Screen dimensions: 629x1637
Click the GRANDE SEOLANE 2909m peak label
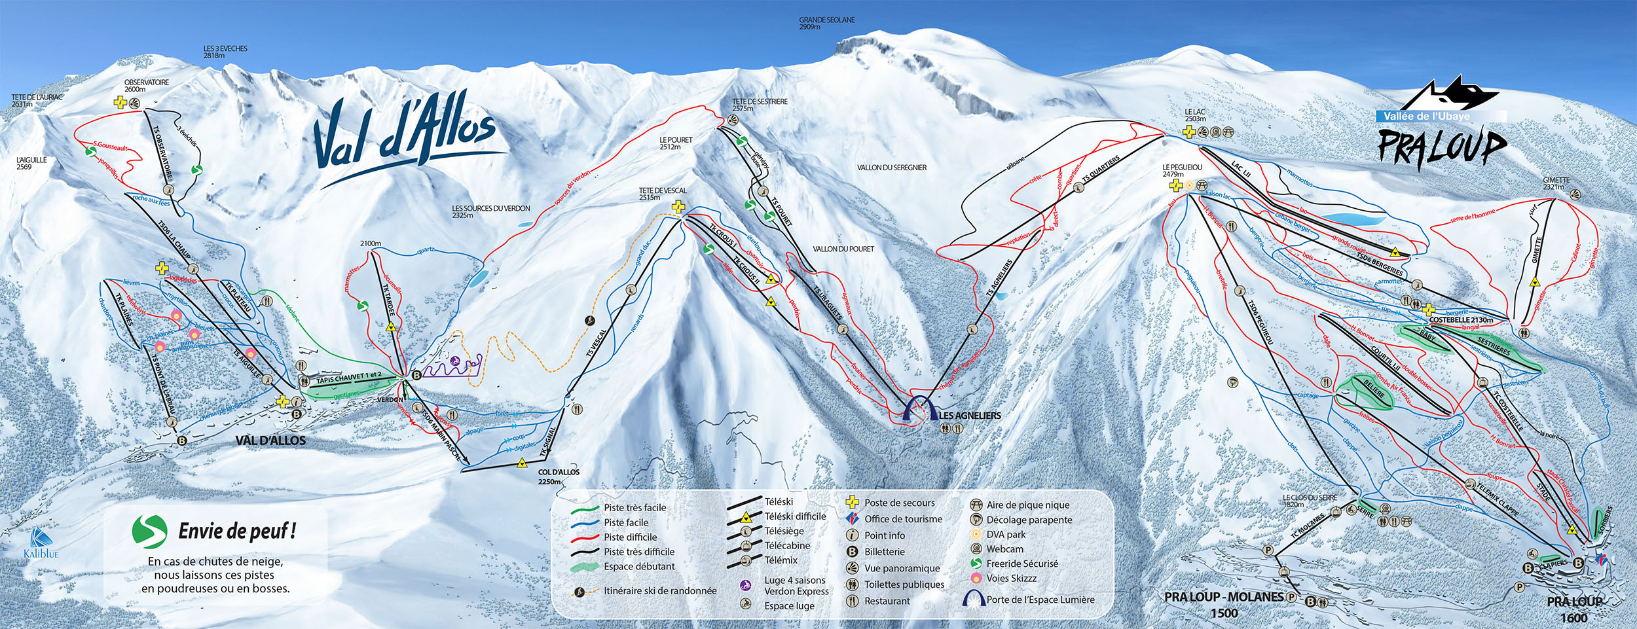tap(826, 24)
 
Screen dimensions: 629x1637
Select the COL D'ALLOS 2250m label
tap(559, 476)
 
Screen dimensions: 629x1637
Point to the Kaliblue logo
tap(42, 543)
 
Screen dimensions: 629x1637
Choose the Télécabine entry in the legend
tap(787, 545)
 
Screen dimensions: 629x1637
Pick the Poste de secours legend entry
tap(899, 503)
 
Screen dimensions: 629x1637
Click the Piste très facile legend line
tap(585, 508)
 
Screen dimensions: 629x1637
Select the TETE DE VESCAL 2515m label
tap(663, 194)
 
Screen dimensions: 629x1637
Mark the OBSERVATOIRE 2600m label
tap(147, 86)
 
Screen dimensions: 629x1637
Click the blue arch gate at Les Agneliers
tap(919, 407)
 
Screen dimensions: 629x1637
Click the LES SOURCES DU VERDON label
tap(490, 211)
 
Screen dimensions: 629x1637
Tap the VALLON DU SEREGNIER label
tap(891, 168)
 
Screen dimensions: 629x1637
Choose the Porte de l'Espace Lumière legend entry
tap(1040, 599)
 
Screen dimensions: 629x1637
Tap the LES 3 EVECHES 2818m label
tap(225, 52)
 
